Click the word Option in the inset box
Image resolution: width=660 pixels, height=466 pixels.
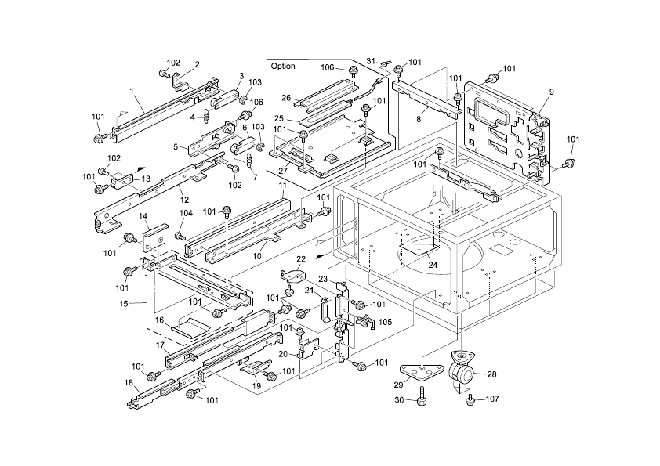click(283, 67)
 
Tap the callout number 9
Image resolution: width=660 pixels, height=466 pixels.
click(551, 92)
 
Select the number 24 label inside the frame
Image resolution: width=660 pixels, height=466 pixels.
click(432, 265)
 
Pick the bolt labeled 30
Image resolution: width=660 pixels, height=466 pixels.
click(422, 396)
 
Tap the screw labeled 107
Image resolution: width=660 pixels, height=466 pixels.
click(470, 400)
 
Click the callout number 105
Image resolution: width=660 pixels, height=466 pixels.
click(385, 322)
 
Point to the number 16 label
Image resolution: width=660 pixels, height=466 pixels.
click(158, 320)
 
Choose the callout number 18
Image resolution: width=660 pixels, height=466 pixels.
click(128, 382)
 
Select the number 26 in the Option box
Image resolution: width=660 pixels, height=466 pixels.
click(286, 98)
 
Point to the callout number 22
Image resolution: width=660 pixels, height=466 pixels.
click(300, 258)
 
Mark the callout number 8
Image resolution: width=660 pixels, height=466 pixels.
click(419, 118)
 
